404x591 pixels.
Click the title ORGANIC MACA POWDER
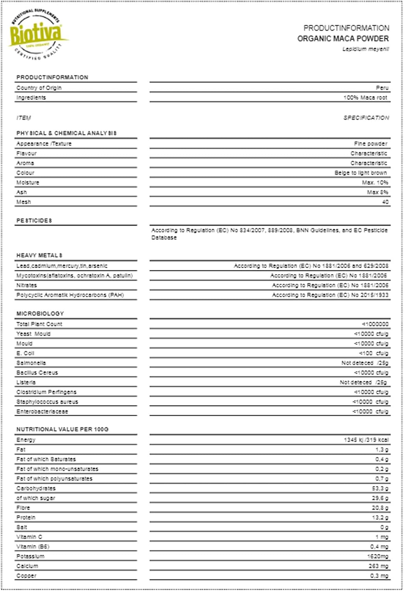[343, 39]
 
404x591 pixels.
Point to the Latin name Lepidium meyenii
[365, 49]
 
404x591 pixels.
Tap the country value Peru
[382, 88]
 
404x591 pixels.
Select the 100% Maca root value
[365, 98]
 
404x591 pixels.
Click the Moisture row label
[28, 183]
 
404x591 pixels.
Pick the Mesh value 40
[385, 202]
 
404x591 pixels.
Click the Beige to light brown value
[361, 173]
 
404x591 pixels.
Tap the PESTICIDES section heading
[34, 221]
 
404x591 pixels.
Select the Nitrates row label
[26, 285]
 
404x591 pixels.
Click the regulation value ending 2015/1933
[330, 295]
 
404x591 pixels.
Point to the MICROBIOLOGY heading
[40, 314]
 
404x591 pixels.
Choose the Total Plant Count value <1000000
[375, 324]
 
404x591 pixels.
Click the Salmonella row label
[31, 363]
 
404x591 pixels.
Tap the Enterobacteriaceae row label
[42, 412]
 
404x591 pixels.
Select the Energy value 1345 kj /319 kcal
[366, 440]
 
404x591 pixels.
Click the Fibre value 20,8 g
[380, 508]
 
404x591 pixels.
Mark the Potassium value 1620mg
[378, 556]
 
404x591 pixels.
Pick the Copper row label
[26, 576]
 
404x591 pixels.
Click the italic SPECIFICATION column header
[366, 118]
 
